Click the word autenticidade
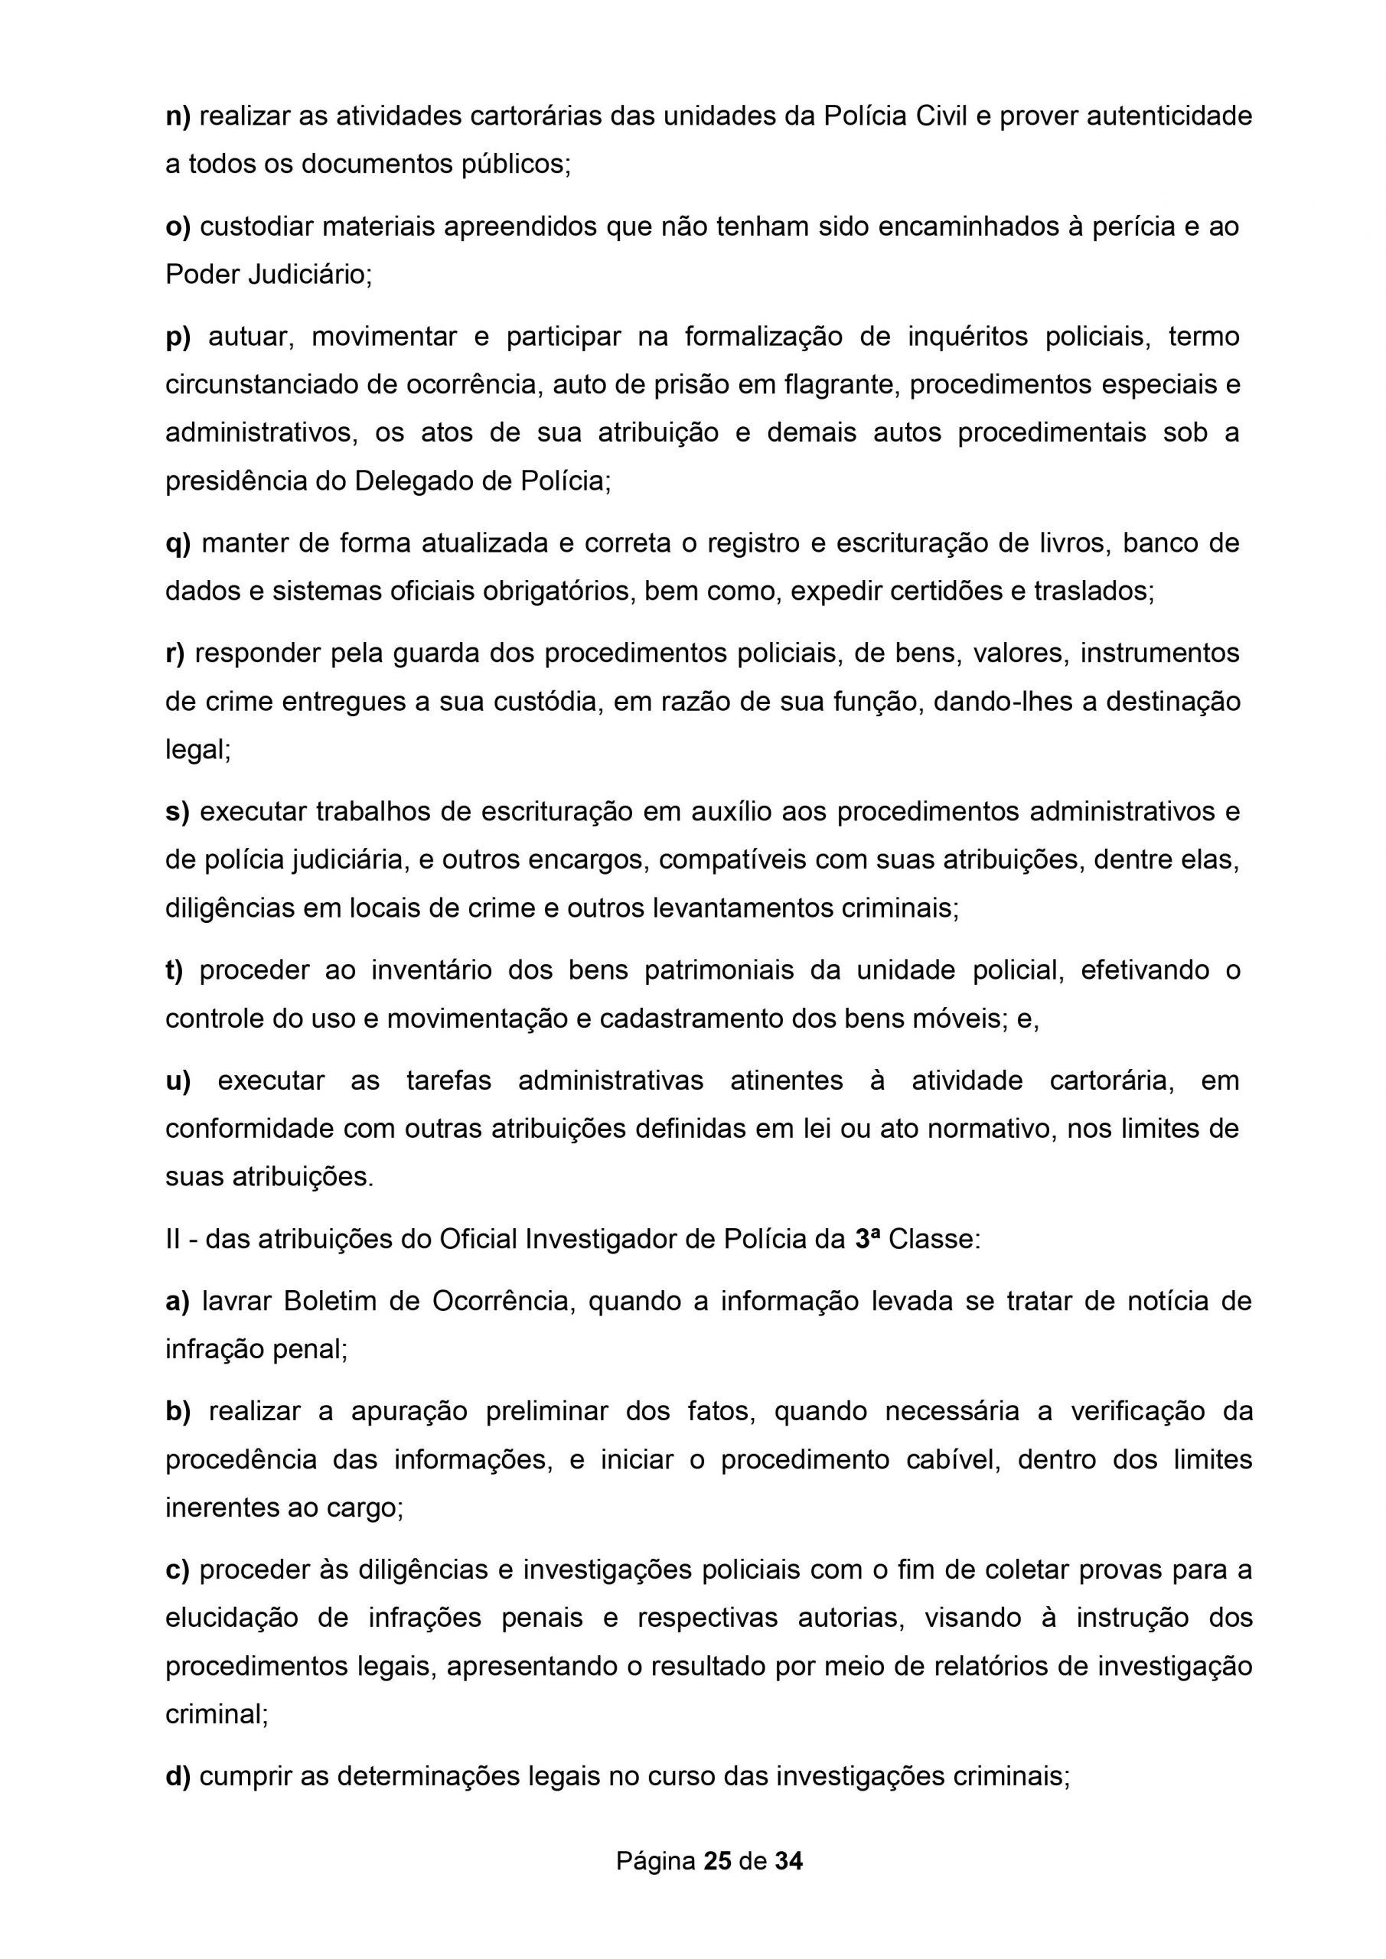[1169, 116]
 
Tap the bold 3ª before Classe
[867, 1239]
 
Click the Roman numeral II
[173, 1239]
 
